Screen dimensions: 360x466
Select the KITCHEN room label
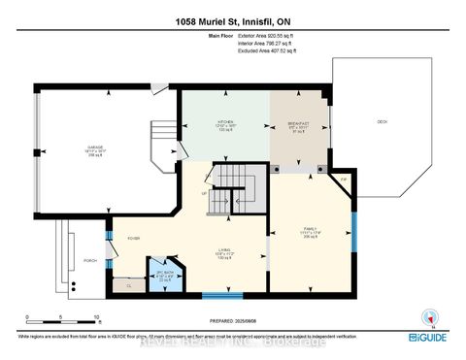[x=226, y=124]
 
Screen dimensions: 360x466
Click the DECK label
[x=381, y=121]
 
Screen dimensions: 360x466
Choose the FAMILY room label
[x=311, y=231]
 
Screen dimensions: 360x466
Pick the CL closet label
[x=128, y=287]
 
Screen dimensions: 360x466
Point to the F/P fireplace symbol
[x=343, y=180]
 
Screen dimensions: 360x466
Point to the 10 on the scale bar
[x=96, y=316]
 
